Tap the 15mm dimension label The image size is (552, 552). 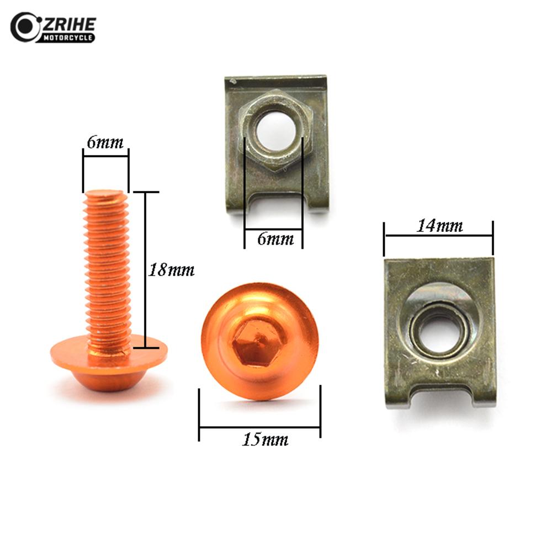point(265,440)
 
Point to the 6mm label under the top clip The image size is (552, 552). point(273,240)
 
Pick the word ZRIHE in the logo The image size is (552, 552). point(69,24)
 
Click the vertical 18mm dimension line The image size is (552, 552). point(146,270)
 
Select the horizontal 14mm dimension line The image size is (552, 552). point(438,236)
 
